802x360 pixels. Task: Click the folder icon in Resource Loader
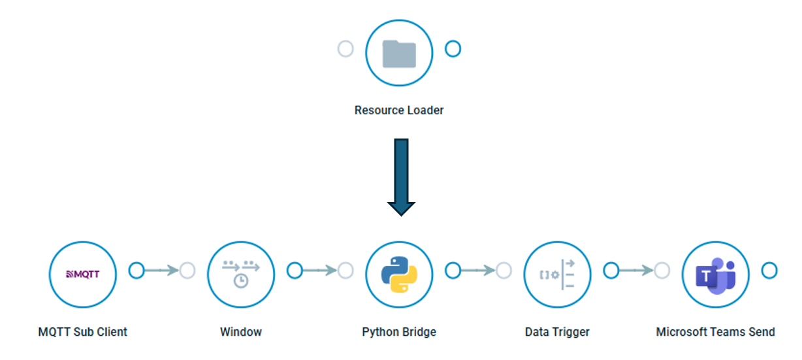point(399,53)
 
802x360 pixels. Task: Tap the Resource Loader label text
point(399,110)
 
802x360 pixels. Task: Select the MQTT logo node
point(83,274)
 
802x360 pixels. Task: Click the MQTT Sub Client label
point(83,332)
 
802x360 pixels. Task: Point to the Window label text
point(241,332)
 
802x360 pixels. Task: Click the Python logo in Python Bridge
point(399,274)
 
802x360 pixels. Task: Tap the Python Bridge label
point(399,332)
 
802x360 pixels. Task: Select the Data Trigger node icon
point(557,274)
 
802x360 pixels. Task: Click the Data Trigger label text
point(557,332)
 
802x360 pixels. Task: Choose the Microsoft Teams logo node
point(715,274)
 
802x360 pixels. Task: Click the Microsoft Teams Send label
point(715,332)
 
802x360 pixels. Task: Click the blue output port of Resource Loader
point(453,49)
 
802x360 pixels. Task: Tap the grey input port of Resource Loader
point(345,49)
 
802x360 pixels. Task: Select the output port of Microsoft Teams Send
point(769,270)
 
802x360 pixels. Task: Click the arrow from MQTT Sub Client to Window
point(161,270)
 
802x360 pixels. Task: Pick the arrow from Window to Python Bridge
point(319,270)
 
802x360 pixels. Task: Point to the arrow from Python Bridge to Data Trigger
point(477,270)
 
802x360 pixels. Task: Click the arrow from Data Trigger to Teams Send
point(635,270)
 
